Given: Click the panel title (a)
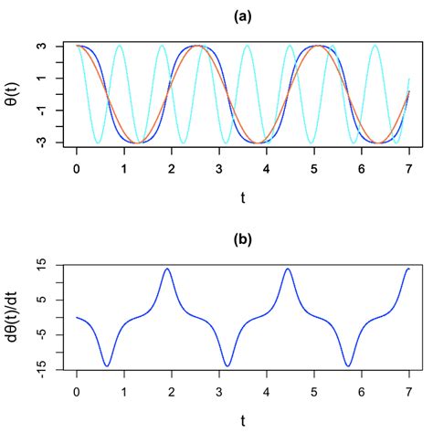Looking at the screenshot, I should point(242,16).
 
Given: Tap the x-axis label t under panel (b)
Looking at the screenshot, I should point(242,419).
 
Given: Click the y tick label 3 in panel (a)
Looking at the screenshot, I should point(56,46).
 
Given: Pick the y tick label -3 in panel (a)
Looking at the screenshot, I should point(54,143).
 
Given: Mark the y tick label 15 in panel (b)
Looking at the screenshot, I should point(55,265).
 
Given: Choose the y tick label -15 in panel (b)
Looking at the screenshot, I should point(53,369).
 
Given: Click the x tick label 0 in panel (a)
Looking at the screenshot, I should point(77,169).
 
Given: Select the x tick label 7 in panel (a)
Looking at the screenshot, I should point(408,169).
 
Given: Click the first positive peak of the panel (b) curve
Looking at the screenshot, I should point(167,269).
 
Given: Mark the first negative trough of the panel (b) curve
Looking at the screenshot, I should point(108,366).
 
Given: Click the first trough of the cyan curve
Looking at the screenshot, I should point(98,143).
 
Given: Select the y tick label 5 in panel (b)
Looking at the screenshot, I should point(56,300).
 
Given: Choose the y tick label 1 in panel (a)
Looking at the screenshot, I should point(56,78).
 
